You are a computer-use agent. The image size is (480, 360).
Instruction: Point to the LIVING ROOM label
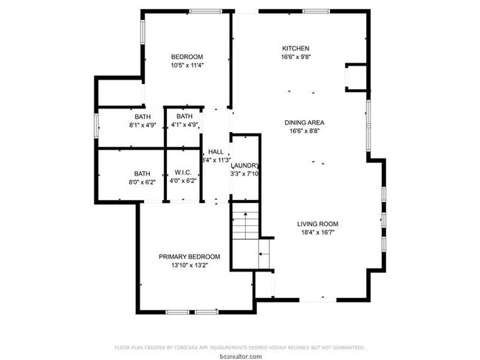tap(318, 224)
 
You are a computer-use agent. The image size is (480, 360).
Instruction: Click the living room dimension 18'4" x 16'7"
tap(318, 232)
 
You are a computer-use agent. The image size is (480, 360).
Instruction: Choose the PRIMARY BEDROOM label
tap(189, 257)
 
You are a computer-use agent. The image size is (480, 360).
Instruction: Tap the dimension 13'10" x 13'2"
tap(189, 266)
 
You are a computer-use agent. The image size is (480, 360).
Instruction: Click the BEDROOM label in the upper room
tap(187, 57)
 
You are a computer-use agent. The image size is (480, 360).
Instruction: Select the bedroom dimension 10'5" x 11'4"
tap(187, 66)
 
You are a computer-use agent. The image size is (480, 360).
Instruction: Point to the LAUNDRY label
tap(245, 165)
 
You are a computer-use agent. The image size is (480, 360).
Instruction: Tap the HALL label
tap(216, 151)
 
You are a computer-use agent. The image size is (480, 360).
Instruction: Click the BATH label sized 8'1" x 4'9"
tap(143, 117)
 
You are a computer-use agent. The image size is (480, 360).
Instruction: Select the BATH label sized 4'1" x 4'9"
tap(184, 117)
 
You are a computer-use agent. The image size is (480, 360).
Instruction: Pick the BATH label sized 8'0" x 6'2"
tap(142, 173)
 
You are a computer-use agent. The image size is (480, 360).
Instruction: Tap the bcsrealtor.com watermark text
tap(240, 355)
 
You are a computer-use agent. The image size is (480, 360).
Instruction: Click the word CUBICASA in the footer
tap(193, 347)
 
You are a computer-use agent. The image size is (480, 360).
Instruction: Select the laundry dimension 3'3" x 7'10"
tap(245, 174)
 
